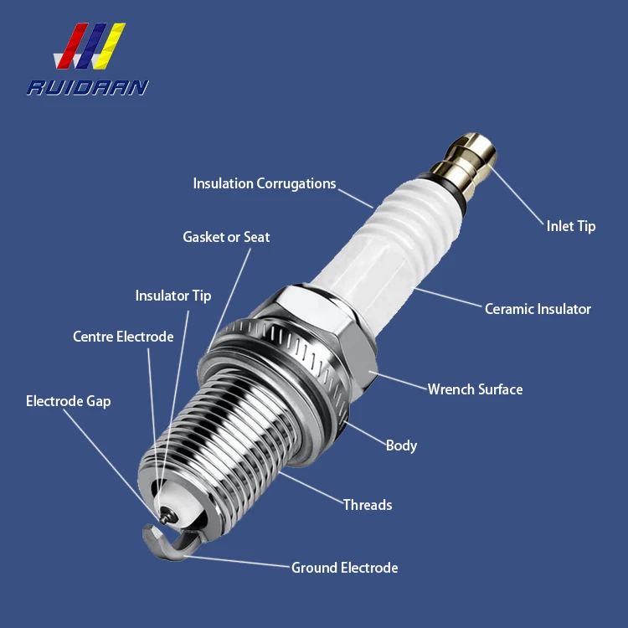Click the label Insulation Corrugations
pos(264,183)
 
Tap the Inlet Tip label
pos(571,226)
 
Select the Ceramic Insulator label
pos(538,309)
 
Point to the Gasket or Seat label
pos(226,237)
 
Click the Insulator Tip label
pos(173,296)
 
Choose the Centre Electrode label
pos(123,337)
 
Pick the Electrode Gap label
pos(68,401)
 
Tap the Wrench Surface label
pos(475,389)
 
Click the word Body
pos(401,445)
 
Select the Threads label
pos(367,504)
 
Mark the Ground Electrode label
pos(344,568)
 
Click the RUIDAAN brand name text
pos(88,87)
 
